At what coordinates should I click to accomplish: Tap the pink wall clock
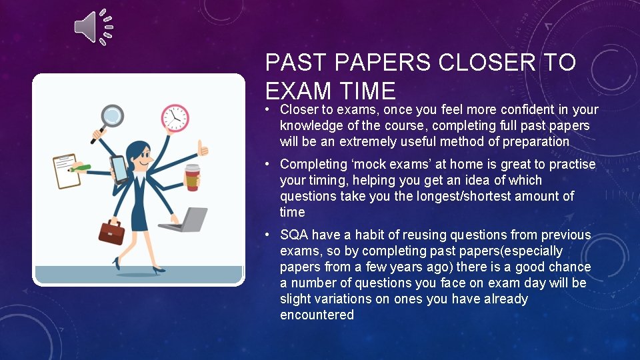tap(175, 118)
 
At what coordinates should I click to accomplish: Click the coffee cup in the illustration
tap(192, 178)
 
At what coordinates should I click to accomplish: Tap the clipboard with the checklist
tap(67, 171)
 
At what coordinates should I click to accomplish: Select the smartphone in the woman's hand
tap(118, 169)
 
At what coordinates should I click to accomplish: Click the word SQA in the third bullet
tap(294, 235)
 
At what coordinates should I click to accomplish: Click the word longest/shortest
tap(485, 196)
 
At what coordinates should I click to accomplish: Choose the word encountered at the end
tap(317, 315)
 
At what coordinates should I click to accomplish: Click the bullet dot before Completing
tap(267, 164)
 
